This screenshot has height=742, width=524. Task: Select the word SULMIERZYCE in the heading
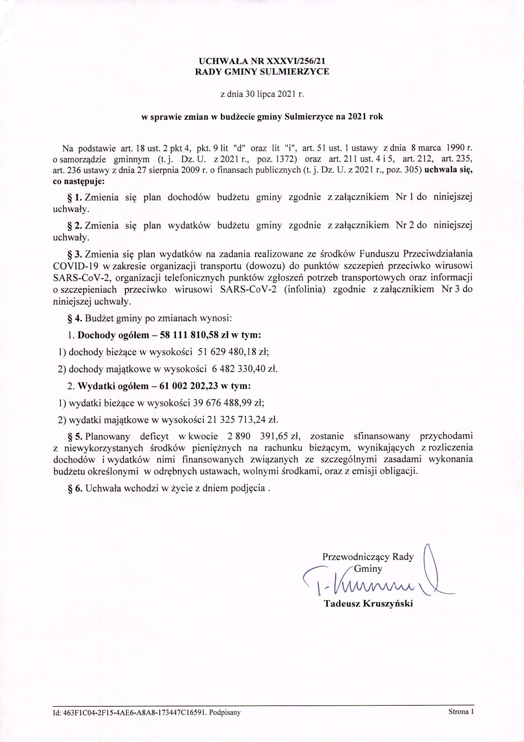click(x=295, y=72)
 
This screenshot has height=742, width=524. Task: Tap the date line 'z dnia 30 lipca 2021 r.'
click(x=262, y=95)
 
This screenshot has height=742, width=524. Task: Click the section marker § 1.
click(x=75, y=197)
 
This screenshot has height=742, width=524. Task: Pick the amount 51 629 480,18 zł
click(x=231, y=352)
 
